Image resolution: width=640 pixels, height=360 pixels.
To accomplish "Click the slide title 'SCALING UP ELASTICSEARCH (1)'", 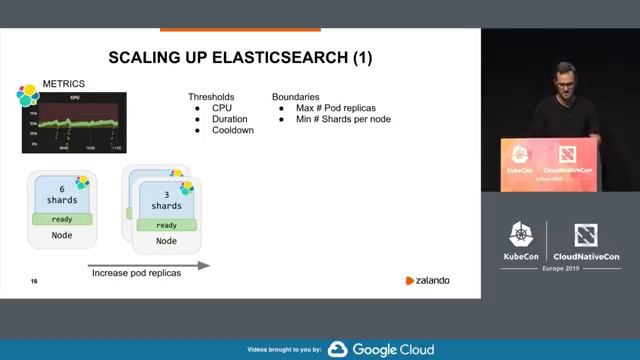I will (240, 58).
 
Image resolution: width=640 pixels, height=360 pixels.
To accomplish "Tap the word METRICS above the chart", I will (63, 83).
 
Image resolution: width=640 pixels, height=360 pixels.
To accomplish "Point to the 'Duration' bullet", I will (231, 119).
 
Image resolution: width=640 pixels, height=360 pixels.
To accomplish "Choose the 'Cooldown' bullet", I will (233, 130).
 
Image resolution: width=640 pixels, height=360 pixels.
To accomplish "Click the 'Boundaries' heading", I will (296, 96).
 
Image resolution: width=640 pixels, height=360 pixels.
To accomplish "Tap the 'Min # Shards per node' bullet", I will (343, 119).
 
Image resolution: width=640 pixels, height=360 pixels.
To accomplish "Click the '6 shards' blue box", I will (63, 193).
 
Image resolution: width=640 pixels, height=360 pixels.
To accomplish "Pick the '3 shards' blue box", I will (166, 199).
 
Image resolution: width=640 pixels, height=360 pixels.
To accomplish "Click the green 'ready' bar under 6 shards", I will (63, 219).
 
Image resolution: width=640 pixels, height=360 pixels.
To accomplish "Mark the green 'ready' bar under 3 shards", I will (166, 225).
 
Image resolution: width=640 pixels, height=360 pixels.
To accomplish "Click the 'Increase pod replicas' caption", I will (137, 274).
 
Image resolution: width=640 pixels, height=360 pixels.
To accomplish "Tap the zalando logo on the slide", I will (427, 281).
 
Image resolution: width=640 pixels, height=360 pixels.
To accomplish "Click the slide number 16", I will (34, 282).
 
